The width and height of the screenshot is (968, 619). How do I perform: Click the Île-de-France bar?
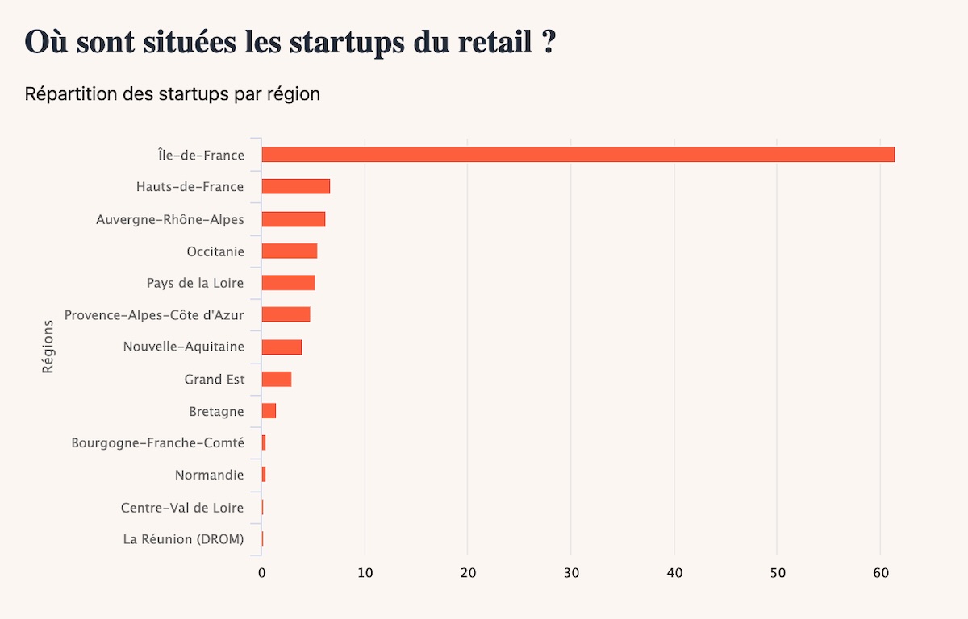pos(578,155)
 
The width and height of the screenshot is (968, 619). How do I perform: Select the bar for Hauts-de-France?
pos(295,187)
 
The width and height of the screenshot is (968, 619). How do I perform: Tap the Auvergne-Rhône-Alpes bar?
pos(293,219)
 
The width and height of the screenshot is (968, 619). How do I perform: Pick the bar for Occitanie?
pos(289,251)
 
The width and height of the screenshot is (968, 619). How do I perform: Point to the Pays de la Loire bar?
pos(288,283)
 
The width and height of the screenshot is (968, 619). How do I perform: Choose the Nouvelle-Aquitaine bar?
pos(282,347)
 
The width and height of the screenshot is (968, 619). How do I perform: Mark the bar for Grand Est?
pos(276,379)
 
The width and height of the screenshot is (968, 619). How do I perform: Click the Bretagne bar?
pos(269,411)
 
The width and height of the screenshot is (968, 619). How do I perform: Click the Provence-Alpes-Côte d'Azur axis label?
pos(154,314)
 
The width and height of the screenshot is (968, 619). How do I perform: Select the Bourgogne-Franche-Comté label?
pos(157,442)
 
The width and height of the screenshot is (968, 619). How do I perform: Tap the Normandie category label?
pos(209,475)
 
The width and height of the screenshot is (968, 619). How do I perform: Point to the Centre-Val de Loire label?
pos(182,507)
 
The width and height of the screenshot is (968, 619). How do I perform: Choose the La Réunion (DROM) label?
pos(183,539)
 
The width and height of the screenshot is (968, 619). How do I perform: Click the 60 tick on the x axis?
pos(880,573)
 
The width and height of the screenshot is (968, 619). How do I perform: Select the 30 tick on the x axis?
pos(571,573)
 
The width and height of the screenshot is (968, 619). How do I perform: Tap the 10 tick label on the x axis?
pos(365,573)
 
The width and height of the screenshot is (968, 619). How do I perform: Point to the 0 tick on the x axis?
pos(261,573)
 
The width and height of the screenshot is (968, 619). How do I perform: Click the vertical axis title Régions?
pos(48,347)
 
